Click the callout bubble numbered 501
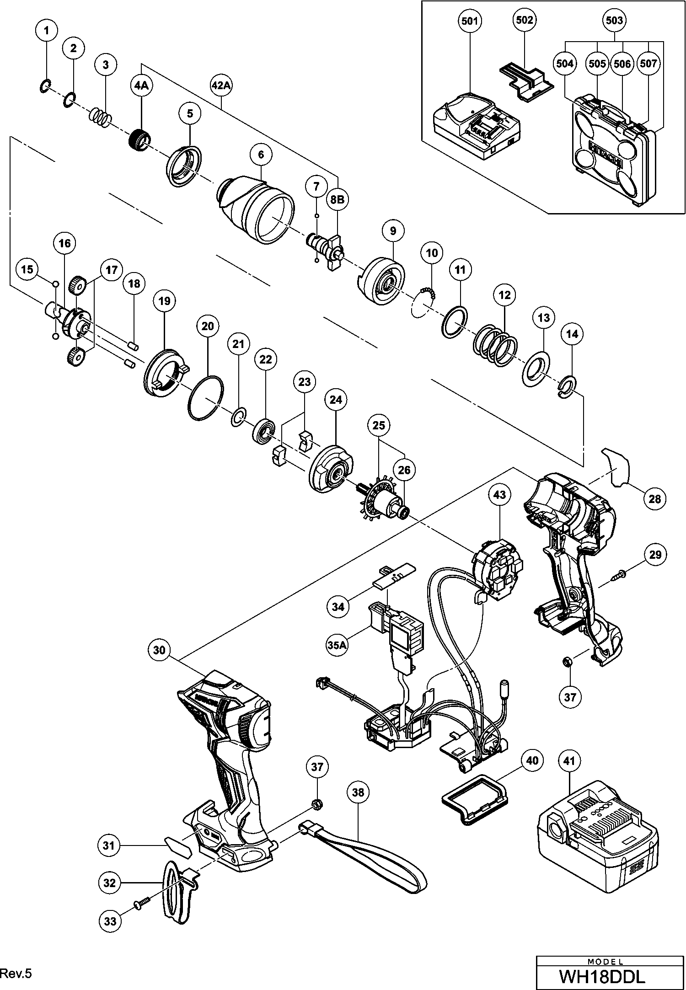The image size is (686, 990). click(x=470, y=21)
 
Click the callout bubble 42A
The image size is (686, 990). click(x=221, y=85)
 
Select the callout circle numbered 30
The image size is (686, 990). click(x=159, y=650)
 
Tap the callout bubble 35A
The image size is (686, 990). click(x=336, y=646)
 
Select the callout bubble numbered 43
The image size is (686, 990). click(x=500, y=495)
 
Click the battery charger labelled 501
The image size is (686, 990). click(x=476, y=126)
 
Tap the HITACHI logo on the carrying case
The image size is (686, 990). click(x=606, y=153)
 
